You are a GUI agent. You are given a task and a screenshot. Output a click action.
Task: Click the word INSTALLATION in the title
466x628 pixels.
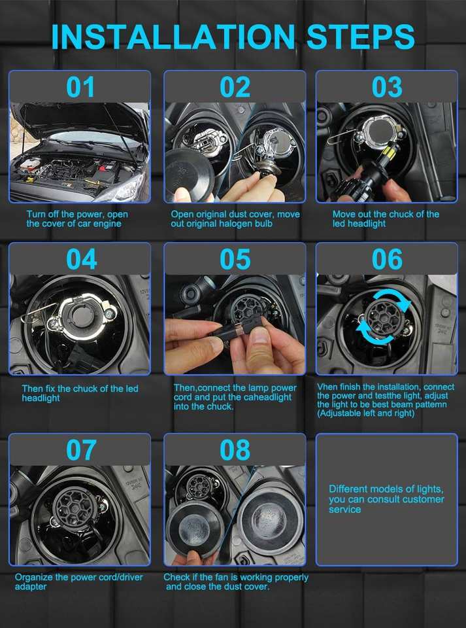(173, 37)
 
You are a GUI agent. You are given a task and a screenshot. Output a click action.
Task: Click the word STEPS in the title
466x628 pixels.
(360, 37)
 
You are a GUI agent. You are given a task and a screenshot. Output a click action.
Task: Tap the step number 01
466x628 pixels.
(80, 87)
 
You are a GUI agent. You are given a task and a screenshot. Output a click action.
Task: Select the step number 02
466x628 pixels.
(235, 87)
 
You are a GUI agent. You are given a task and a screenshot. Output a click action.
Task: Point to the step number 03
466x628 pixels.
(387, 87)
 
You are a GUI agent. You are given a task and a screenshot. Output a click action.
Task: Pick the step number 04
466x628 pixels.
(81, 259)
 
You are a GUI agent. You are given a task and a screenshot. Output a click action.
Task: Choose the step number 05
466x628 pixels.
(235, 259)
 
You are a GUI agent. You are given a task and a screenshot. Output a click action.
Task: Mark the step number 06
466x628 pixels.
(387, 259)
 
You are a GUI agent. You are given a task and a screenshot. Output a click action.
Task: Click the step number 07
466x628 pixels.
(81, 450)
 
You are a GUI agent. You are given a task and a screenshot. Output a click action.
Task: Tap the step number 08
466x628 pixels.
(235, 450)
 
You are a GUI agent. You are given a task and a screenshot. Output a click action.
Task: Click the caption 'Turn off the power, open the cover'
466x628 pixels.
(77, 218)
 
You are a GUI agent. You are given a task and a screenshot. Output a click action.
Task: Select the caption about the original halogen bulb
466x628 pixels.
(235, 218)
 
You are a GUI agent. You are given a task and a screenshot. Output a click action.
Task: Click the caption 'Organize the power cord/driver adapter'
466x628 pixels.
(79, 582)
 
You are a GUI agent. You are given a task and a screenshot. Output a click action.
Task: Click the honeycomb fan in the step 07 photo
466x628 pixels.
(75, 506)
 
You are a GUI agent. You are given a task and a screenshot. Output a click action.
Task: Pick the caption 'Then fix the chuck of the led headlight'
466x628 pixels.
(80, 393)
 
